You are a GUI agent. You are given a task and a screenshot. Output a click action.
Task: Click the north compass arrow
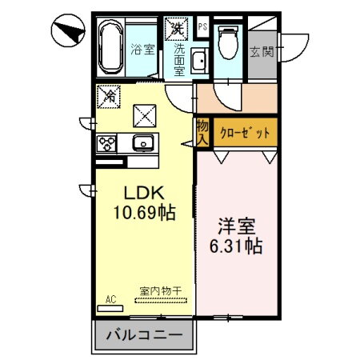tap(68, 31)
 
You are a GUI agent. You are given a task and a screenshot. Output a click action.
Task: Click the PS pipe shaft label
tap(202, 26)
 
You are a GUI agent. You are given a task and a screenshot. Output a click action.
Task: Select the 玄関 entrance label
tap(262, 53)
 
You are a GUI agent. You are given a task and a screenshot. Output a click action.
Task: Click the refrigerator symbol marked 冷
tap(108, 96)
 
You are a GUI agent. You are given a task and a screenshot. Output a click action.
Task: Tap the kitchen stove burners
tap(107, 144)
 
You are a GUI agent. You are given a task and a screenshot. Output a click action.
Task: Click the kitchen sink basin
tap(143, 144)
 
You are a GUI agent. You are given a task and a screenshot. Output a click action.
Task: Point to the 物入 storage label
tap(202, 132)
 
